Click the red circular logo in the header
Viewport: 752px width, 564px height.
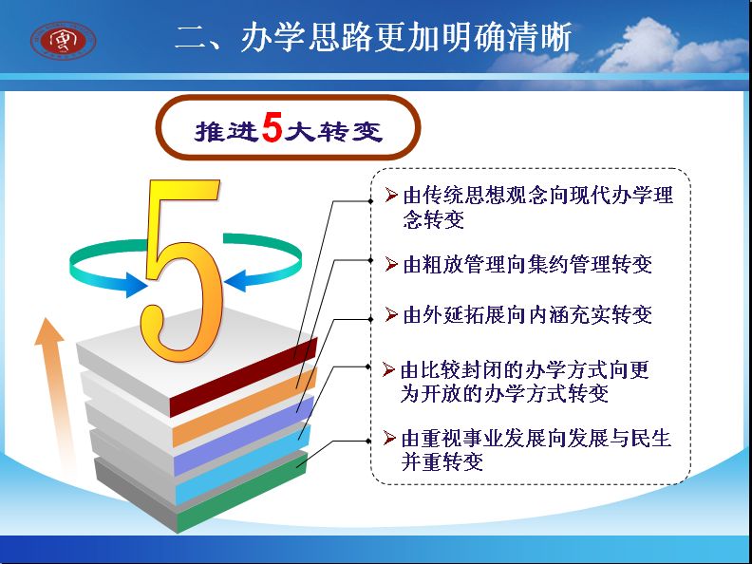pos(63,41)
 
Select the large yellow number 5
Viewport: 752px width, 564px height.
pos(181,270)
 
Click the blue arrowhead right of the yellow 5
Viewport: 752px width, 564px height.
pos(235,280)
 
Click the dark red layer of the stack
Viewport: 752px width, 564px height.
pos(244,377)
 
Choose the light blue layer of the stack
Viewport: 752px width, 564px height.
pos(243,463)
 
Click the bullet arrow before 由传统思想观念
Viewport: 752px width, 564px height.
pos(391,195)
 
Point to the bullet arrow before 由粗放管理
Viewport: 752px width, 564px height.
pos(391,264)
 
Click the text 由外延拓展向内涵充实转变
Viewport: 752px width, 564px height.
pos(528,315)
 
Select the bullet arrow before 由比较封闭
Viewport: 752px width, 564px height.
pos(388,369)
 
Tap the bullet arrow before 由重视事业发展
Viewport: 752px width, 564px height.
pos(389,438)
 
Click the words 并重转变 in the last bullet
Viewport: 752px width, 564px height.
pos(442,461)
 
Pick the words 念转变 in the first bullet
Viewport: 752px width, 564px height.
pos(434,219)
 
